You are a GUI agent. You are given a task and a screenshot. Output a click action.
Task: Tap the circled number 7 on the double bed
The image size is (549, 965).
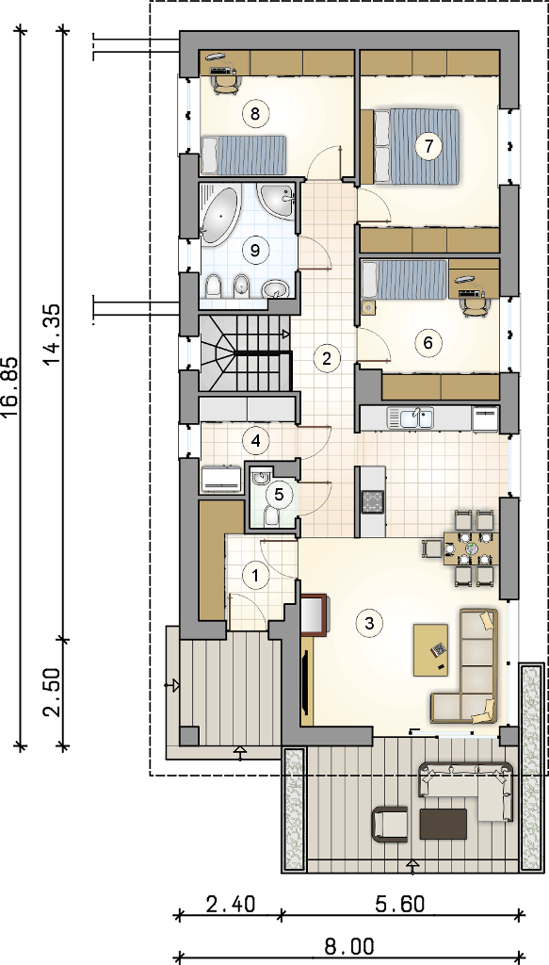pyautogui.click(x=428, y=146)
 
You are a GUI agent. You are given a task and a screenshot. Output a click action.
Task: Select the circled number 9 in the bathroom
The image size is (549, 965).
pyautogui.click(x=252, y=250)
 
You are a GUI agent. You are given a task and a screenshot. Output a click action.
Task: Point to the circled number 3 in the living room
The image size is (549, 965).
pyautogui.click(x=369, y=622)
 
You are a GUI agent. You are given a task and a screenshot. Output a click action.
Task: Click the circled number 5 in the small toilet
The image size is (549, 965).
pyautogui.click(x=279, y=494)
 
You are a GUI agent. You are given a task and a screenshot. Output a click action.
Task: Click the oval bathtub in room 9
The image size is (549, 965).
pyautogui.click(x=218, y=217)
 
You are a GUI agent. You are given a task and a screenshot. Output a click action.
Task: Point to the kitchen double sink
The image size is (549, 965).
pyautogui.click(x=410, y=417)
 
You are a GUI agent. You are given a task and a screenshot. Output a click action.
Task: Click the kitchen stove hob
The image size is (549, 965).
pyautogui.click(x=373, y=501)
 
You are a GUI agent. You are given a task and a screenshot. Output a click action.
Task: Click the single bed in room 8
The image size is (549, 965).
pyautogui.click(x=244, y=155)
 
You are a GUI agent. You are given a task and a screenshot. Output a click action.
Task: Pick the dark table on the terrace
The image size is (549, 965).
pyautogui.click(x=443, y=824)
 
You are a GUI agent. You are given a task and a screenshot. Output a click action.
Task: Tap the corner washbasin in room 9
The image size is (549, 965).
pyautogui.click(x=278, y=199)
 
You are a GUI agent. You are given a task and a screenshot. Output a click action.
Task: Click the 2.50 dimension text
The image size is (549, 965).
pyautogui.click(x=54, y=693)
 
